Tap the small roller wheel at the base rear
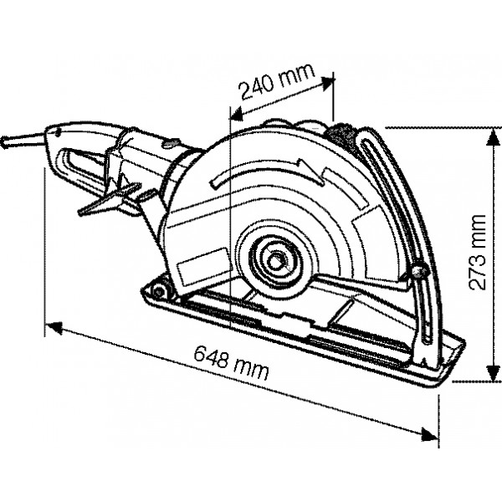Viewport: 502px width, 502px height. click(161, 291)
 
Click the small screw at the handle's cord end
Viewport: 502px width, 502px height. click(53, 132)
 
